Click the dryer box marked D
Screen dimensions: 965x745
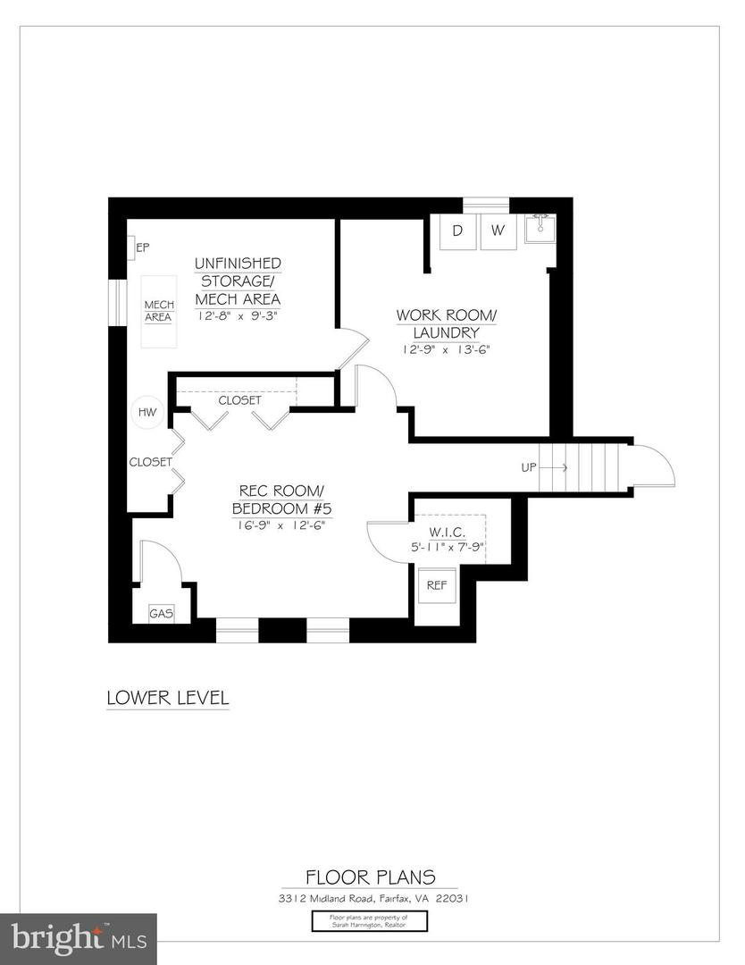pyautogui.click(x=457, y=231)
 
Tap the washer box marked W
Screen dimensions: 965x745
pyautogui.click(x=498, y=231)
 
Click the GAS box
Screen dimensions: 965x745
pyautogui.click(x=161, y=614)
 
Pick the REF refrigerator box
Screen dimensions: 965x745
pyautogui.click(x=437, y=586)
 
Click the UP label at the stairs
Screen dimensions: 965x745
pyautogui.click(x=530, y=467)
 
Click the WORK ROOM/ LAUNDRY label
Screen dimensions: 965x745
pyautogui.click(x=446, y=324)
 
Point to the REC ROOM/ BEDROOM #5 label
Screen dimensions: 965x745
pyautogui.click(x=280, y=499)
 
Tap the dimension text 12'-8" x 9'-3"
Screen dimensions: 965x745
pyautogui.click(x=238, y=315)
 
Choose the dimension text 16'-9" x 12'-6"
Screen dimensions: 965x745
pyautogui.click(x=280, y=525)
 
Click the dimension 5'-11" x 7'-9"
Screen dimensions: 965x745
pyautogui.click(x=448, y=547)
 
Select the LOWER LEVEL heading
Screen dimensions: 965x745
pyautogui.click(x=167, y=696)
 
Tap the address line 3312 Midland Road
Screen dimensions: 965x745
pyautogui.click(x=370, y=898)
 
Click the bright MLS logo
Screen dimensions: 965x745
pyautogui.click(x=78, y=938)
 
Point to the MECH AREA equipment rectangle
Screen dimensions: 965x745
pyautogui.click(x=159, y=311)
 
